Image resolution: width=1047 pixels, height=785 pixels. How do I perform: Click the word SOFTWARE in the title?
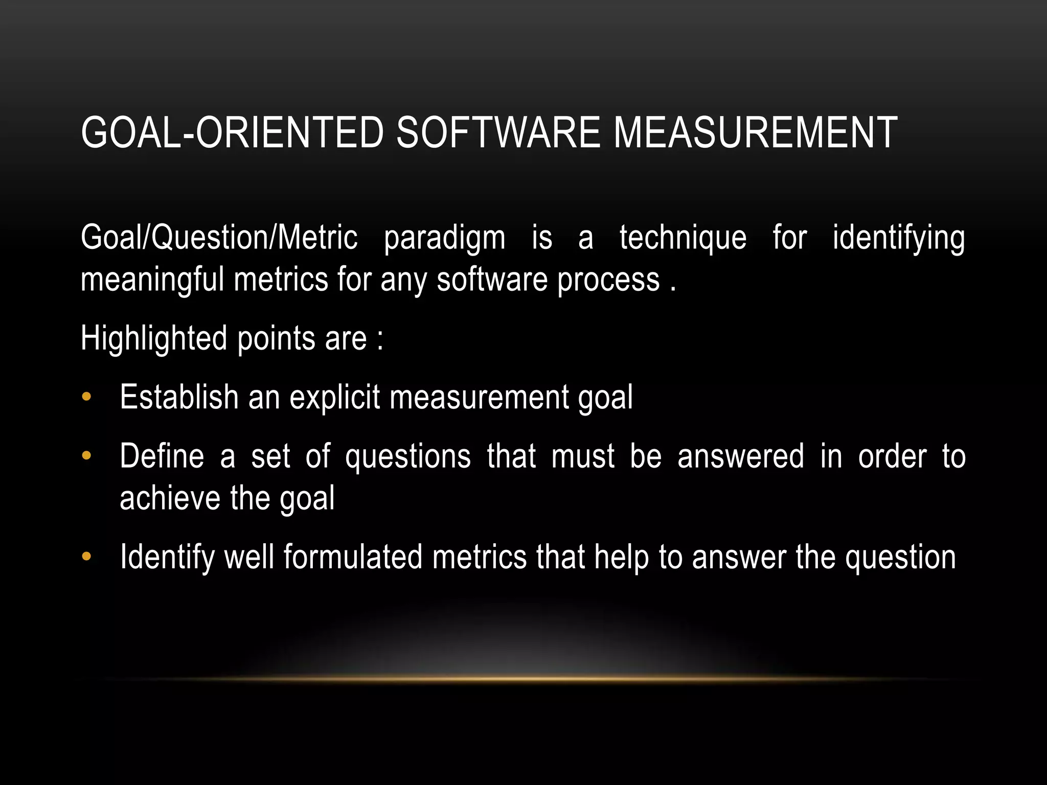[x=498, y=132]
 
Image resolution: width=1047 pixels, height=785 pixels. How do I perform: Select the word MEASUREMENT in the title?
[x=755, y=132]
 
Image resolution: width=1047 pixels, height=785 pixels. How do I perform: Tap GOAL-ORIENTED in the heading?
[x=232, y=132]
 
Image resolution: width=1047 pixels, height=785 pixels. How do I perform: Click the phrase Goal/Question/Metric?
[x=219, y=238]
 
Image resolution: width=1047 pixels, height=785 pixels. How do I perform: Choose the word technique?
[x=682, y=238]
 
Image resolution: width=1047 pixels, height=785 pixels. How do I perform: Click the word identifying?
[x=899, y=238]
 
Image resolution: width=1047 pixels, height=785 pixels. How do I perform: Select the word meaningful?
[x=152, y=281]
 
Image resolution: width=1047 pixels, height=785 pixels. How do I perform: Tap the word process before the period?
[x=608, y=281]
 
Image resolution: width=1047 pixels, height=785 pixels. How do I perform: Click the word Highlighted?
[x=154, y=339]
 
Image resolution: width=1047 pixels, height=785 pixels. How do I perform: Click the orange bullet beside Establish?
[x=86, y=397]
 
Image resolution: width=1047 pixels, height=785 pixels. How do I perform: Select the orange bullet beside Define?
[x=86, y=455]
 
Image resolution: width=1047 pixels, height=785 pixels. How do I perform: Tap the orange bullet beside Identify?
[x=86, y=557]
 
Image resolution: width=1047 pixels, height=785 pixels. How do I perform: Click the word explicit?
[x=334, y=398]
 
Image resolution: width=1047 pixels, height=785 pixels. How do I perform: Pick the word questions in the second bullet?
[x=407, y=456]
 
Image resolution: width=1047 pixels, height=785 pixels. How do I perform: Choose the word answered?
[x=740, y=456]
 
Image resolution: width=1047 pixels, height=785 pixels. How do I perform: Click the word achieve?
[x=170, y=498]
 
